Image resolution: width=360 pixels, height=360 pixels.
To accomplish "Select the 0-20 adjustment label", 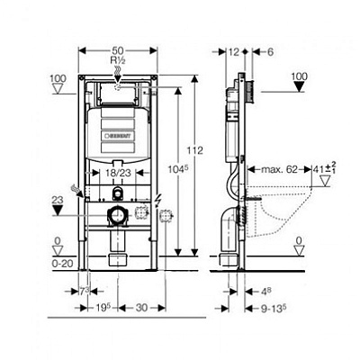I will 61,264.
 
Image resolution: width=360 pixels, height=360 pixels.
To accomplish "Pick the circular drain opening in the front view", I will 115,214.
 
